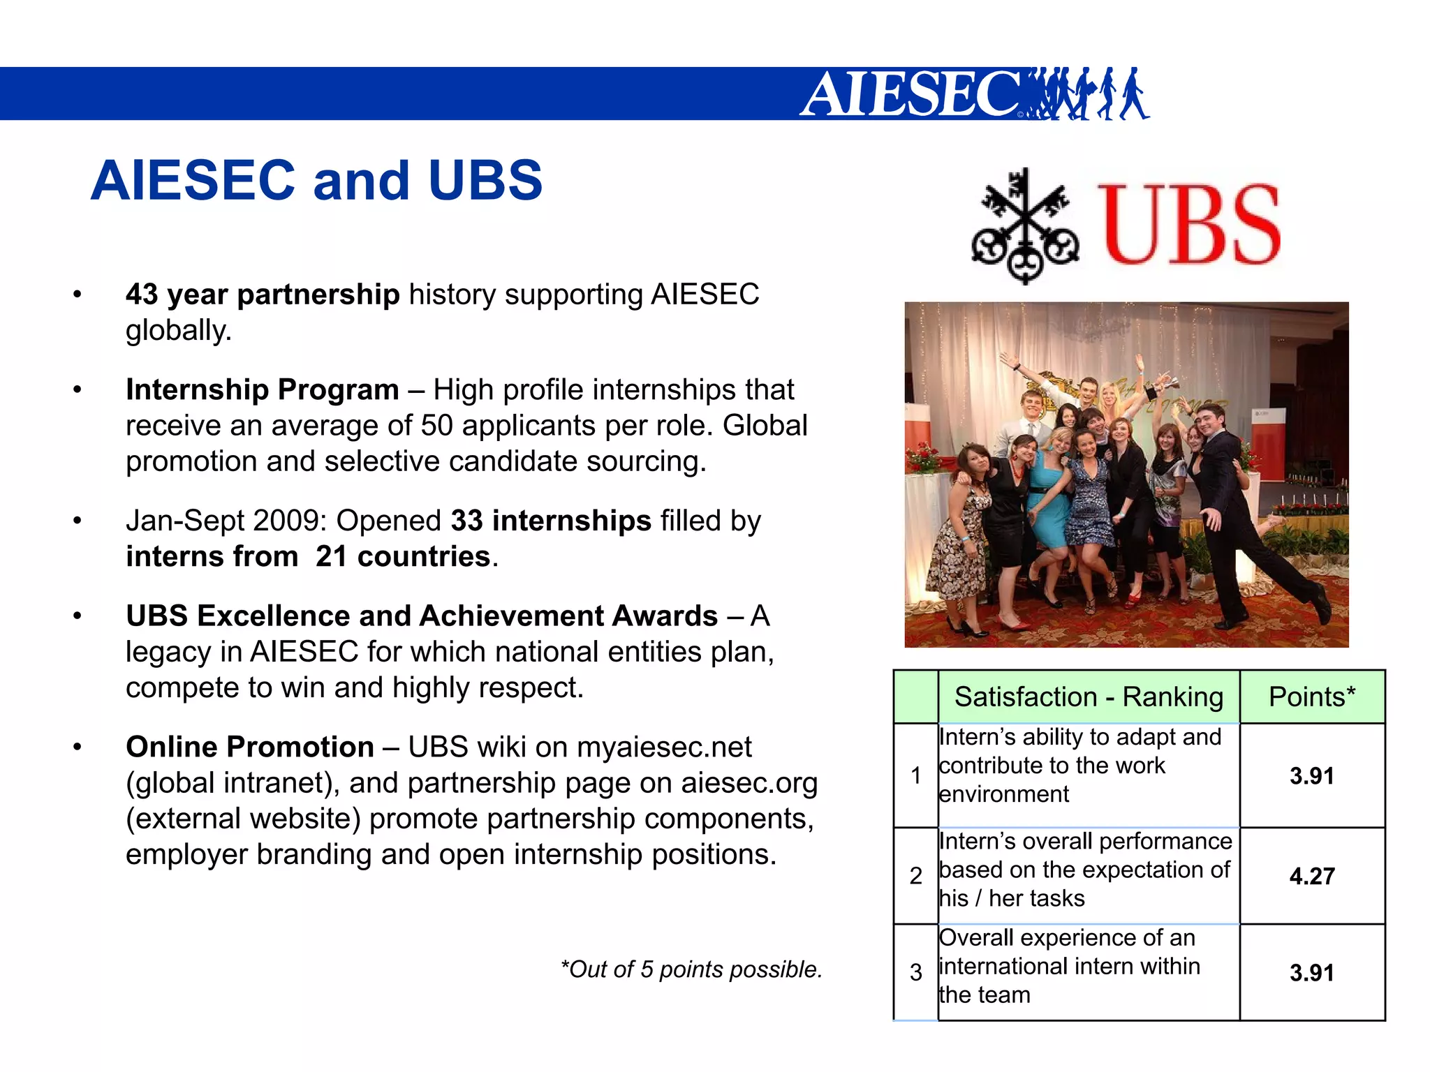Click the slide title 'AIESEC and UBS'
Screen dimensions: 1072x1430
(316, 180)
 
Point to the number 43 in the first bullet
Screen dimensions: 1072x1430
(142, 295)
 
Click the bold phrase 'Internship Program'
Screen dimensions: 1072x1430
(262, 389)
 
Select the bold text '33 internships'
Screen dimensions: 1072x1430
(550, 521)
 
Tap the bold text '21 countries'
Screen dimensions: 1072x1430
(403, 556)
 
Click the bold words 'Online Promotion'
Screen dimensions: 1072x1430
(250, 747)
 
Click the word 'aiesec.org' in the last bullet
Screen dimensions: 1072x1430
(749, 782)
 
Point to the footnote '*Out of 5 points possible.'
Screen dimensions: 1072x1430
(691, 969)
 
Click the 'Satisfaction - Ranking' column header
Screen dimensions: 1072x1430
(1088, 697)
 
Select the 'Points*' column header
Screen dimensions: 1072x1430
(1311, 697)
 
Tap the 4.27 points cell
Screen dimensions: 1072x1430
(1311, 876)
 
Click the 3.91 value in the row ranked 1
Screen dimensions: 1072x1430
(1311, 775)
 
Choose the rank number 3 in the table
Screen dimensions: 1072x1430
(915, 972)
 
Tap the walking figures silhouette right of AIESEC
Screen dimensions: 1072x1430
(1089, 94)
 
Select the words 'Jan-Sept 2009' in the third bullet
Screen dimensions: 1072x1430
(226, 521)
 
